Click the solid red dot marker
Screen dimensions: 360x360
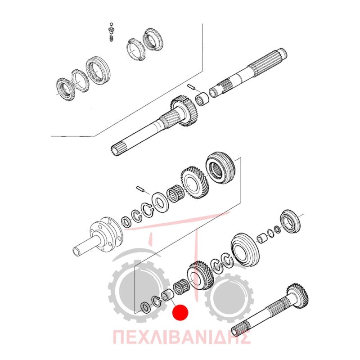click(180, 312)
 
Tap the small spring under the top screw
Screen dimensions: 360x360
click(111, 37)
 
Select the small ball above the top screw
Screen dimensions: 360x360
click(111, 24)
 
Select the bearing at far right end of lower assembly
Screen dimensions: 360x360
click(290, 221)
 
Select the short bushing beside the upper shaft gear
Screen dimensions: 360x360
click(202, 99)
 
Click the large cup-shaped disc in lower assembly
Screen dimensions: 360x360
click(245, 251)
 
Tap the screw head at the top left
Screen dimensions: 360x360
click(112, 29)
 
